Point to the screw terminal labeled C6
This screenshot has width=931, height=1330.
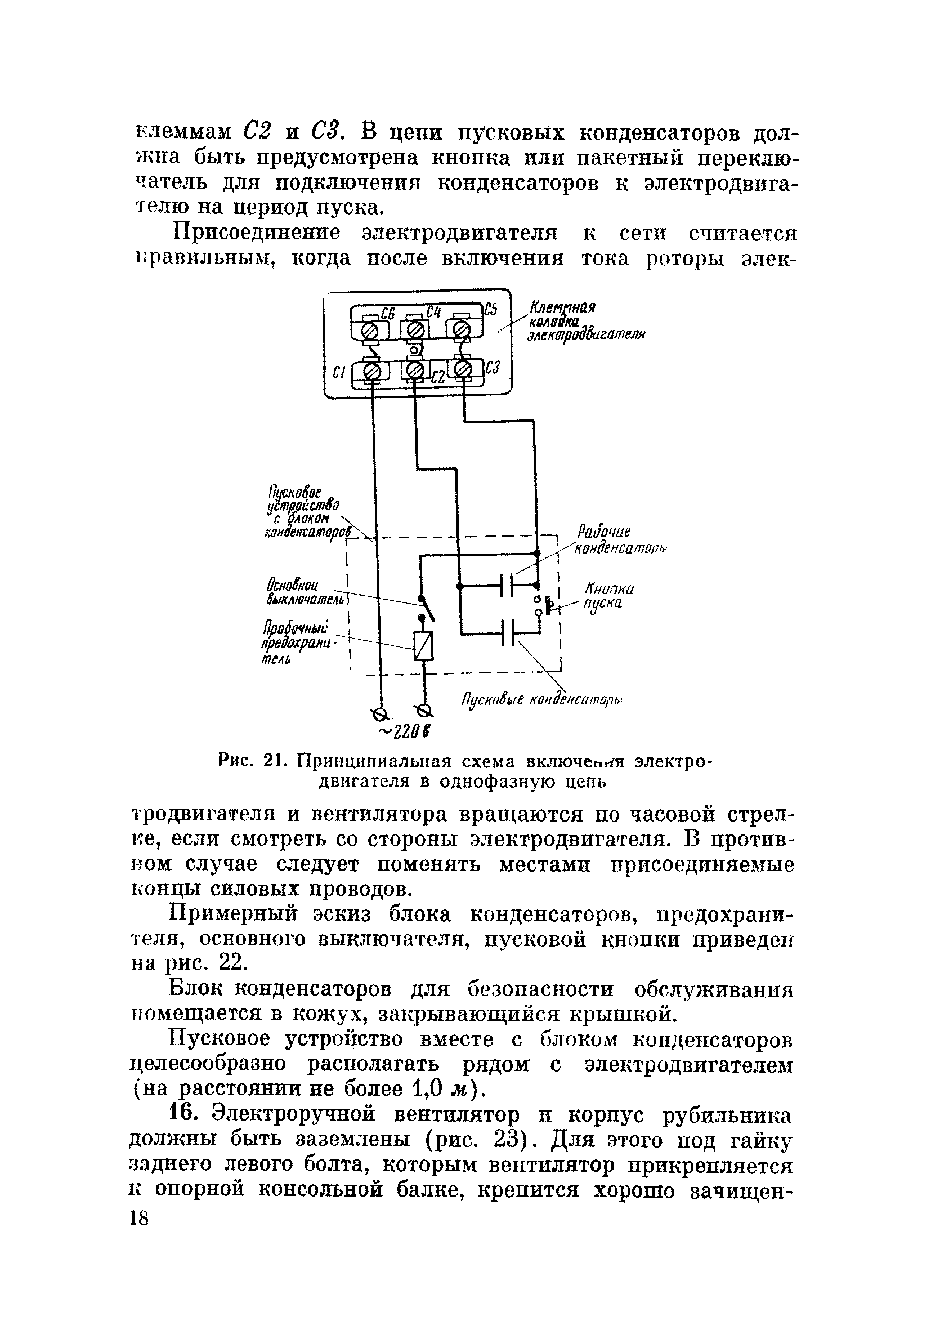371,331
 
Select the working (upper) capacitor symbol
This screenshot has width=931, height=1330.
507,586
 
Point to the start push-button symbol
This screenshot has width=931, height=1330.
544,605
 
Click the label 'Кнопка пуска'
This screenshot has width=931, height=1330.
608,596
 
